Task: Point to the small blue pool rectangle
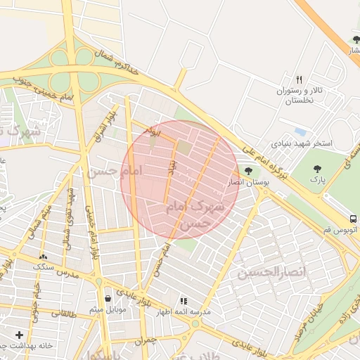point(301,132)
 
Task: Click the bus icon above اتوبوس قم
point(353,218)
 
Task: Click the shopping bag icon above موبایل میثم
point(107,298)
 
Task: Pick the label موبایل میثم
point(108,310)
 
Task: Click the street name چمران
point(145,341)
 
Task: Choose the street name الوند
point(152,131)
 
